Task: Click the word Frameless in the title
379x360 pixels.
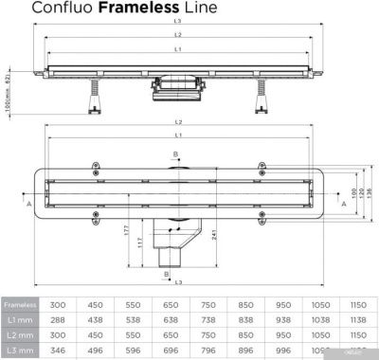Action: click(x=132, y=9)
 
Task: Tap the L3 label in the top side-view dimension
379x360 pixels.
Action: click(x=177, y=21)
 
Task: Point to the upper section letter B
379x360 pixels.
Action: click(x=175, y=154)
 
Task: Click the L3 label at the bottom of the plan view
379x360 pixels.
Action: click(x=177, y=281)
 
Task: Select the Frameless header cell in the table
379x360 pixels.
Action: click(x=20, y=305)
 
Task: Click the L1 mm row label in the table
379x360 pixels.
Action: click(x=20, y=320)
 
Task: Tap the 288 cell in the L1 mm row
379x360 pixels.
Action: click(x=59, y=320)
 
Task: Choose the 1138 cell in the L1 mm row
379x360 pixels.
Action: click(x=359, y=320)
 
